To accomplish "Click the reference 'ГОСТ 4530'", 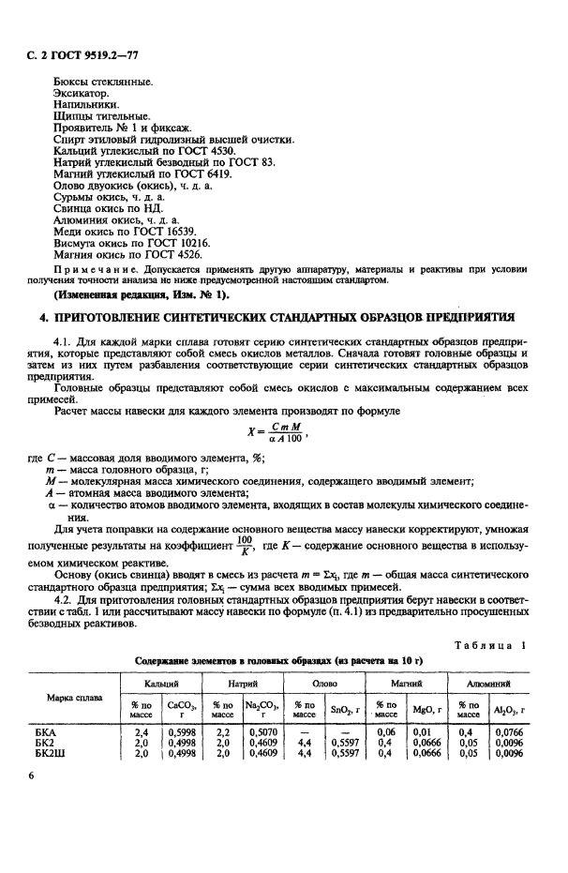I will pyautogui.click(x=203, y=150).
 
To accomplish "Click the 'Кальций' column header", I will pyautogui.click(x=163, y=685).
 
